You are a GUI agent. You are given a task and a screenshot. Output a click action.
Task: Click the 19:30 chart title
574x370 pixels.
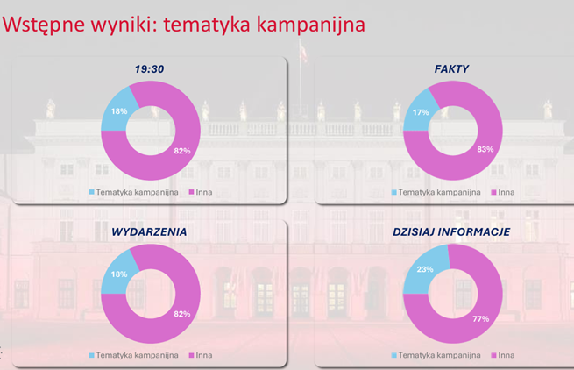pos(149,69)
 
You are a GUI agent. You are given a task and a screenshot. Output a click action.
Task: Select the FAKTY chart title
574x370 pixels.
pos(451,69)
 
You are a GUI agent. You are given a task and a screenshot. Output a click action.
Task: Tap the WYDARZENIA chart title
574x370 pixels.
pos(149,231)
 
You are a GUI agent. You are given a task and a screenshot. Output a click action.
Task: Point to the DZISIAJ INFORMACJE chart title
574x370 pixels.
pos(451,231)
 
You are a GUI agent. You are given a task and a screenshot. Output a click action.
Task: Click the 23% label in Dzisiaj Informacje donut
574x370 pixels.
pos(425,269)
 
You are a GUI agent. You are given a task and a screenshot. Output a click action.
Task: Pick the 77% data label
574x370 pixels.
pos(480,319)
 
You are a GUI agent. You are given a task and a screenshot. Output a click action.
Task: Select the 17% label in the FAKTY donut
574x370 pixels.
pos(421,112)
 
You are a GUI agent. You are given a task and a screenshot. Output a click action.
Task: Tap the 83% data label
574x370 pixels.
pos(485,149)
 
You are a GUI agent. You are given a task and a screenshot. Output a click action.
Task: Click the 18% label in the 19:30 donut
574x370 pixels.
pos(119,111)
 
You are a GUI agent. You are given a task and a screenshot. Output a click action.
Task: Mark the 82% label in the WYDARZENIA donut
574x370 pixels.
pos(182,314)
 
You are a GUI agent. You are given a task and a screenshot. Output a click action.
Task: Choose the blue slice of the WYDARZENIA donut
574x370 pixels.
pos(117,274)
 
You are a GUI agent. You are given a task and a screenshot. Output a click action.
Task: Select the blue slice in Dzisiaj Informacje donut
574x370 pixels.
pos(425,270)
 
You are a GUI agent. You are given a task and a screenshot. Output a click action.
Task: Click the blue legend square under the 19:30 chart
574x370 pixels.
pos(92,192)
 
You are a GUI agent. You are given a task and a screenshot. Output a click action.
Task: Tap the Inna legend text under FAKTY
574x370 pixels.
pos(507,192)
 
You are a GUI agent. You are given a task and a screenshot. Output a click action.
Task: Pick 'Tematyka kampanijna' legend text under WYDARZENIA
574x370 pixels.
pos(138,355)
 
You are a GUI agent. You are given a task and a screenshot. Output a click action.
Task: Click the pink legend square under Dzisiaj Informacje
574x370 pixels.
pos(493,355)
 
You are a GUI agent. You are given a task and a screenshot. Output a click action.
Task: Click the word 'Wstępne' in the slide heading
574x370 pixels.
pos(45,25)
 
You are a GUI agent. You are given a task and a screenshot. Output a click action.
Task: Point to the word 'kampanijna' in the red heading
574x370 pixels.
pos(311,25)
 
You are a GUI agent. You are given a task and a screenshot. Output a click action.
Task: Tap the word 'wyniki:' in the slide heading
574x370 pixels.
pos(124,25)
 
